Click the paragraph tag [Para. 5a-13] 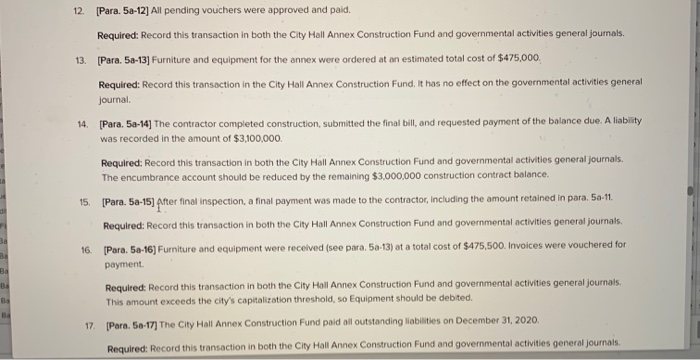pos(124,59)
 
